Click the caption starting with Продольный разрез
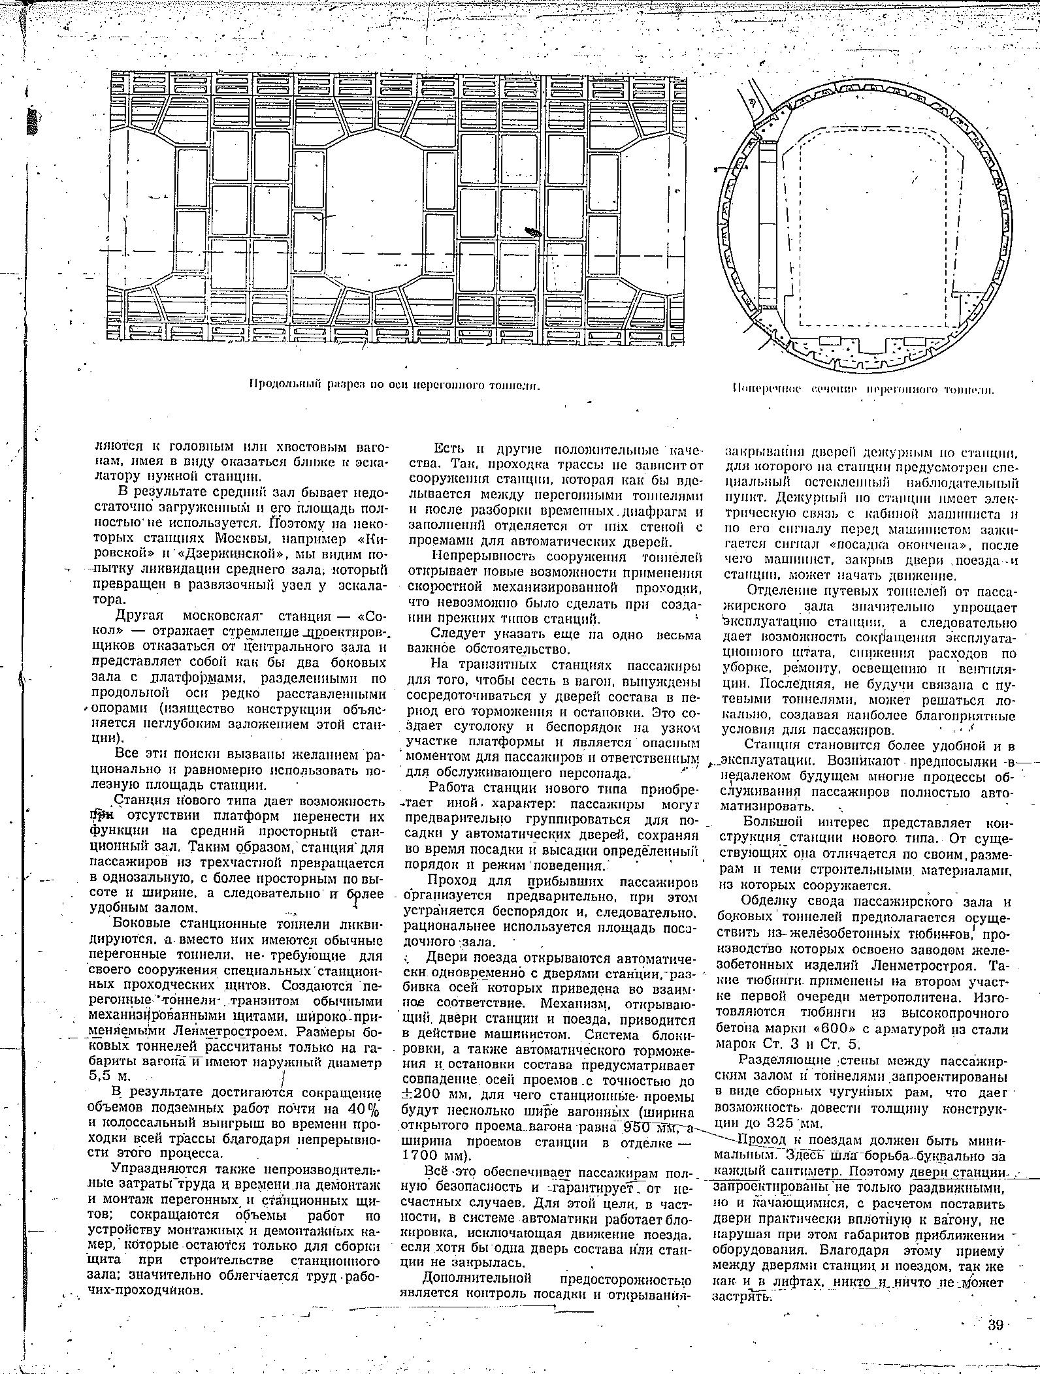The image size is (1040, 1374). (395, 386)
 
